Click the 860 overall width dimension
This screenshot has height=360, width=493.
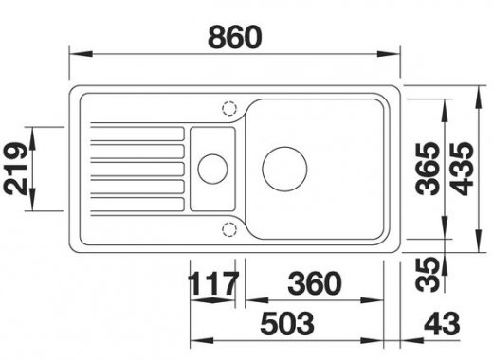[235, 37]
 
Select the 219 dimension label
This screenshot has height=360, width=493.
[15, 169]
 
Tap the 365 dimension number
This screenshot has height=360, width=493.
[428, 169]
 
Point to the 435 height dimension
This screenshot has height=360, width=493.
[462, 169]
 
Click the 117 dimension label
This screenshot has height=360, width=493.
[212, 283]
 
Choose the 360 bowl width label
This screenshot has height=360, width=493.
[315, 283]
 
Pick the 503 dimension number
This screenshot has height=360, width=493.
[287, 324]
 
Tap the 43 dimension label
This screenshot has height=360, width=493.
[442, 324]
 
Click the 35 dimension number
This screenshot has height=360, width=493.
[428, 274]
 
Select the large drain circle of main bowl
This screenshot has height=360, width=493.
[284, 147]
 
